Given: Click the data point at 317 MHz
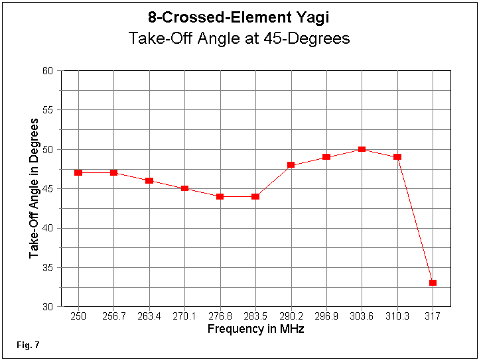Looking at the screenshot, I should point(433,283).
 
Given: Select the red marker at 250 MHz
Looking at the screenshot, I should point(78,172).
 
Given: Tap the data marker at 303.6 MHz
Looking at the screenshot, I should point(362,149).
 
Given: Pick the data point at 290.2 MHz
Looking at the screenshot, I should point(291,165).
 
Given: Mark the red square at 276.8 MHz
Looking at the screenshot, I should point(220,196).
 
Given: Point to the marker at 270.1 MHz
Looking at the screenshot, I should point(184,188).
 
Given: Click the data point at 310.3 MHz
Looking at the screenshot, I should point(397,157).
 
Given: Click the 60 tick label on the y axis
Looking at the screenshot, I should point(49,70).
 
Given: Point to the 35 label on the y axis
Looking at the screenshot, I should point(49,268).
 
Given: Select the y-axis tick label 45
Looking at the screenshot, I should point(49,189).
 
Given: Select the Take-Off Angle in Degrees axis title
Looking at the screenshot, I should point(33,189).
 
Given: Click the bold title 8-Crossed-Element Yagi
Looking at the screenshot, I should point(239,18).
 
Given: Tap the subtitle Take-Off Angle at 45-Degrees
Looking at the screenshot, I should point(239,38).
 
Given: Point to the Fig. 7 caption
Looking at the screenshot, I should point(28,345).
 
